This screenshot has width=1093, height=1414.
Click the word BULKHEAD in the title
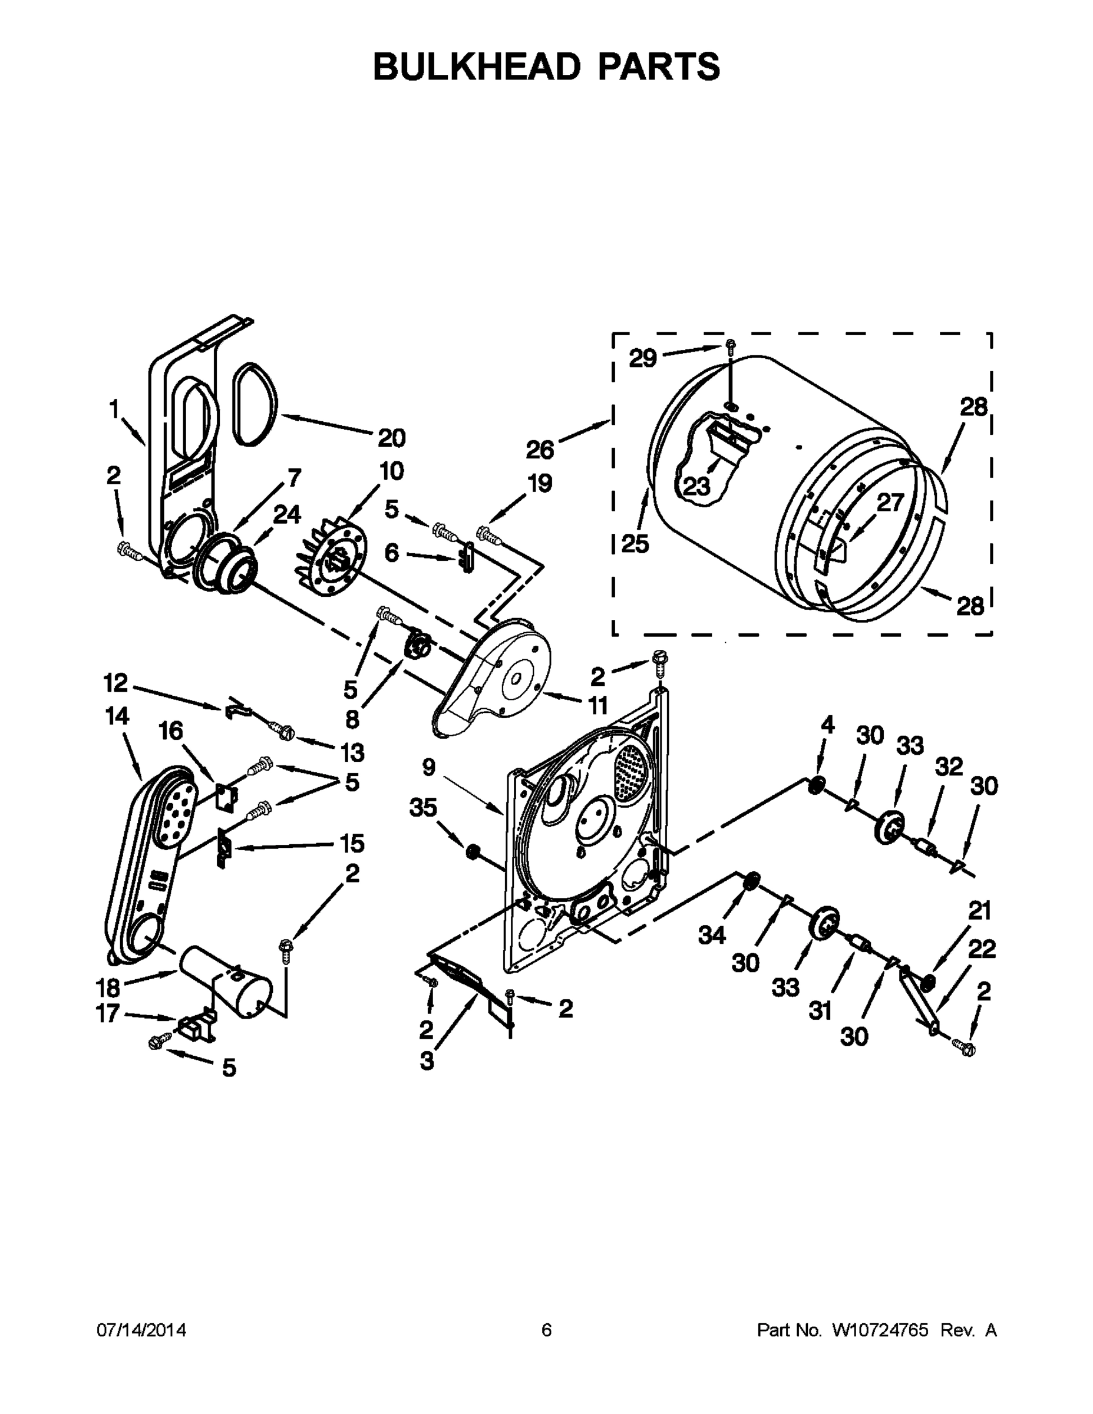(x=477, y=67)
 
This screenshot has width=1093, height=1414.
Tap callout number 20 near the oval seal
(x=391, y=438)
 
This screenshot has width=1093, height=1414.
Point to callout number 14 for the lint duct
(x=117, y=716)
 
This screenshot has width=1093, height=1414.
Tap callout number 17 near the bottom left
(x=108, y=1013)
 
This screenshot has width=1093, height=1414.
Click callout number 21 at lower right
(x=980, y=911)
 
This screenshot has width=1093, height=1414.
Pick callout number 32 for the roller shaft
(x=949, y=767)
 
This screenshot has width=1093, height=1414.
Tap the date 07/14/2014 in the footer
(x=141, y=1330)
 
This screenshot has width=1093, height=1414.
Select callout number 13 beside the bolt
(x=352, y=752)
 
